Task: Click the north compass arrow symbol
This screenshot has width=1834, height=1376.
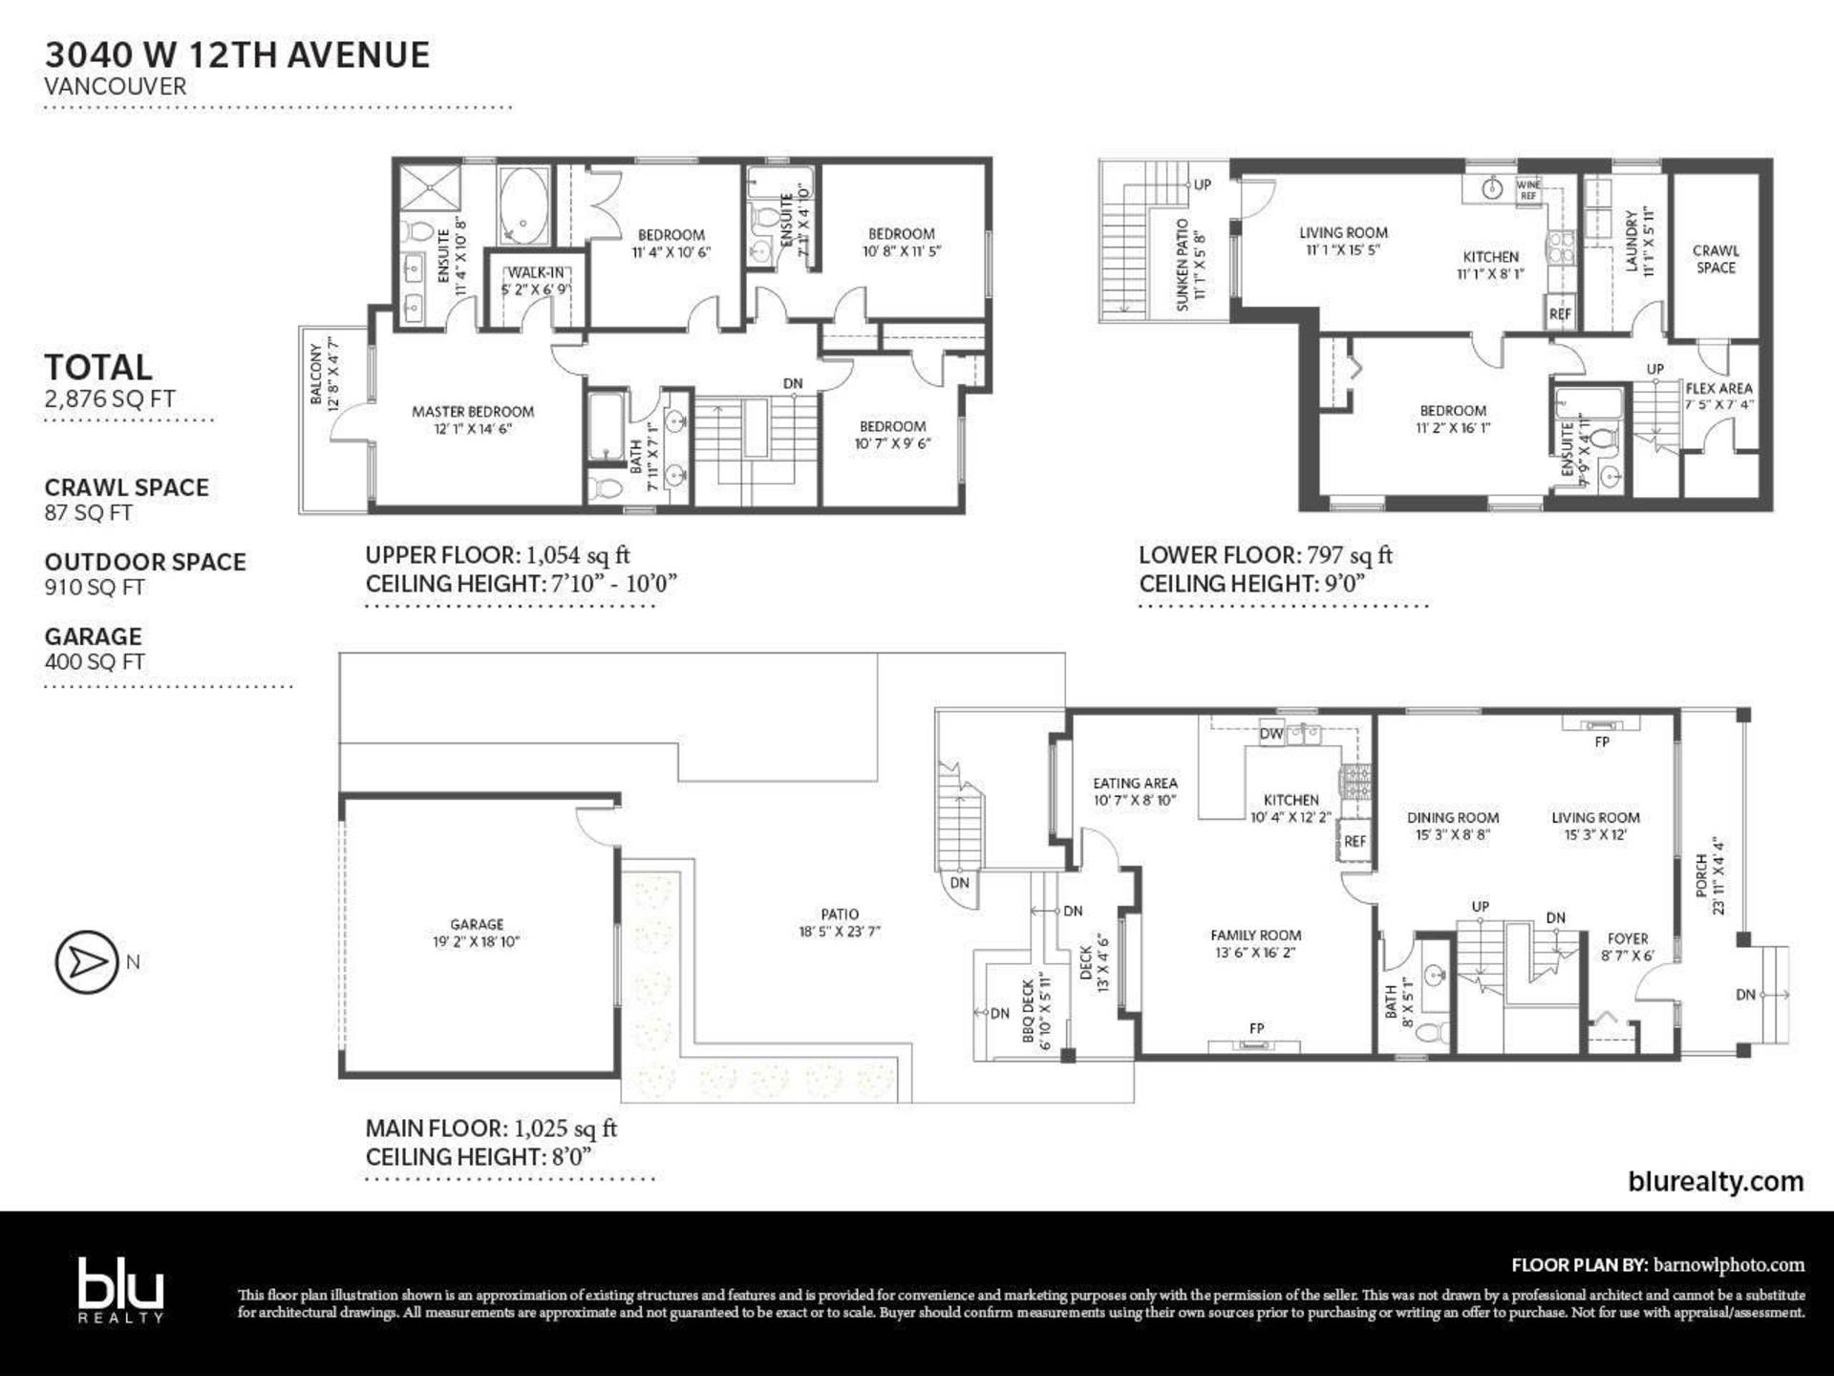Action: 87,961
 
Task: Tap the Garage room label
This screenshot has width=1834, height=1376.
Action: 477,924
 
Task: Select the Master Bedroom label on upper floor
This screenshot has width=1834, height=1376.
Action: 473,412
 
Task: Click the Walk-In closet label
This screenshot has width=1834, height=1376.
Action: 536,273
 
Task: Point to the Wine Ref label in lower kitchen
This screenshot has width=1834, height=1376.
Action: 1528,189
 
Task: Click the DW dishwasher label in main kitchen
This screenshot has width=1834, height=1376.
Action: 1270,734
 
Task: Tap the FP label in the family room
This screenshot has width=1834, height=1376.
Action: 1256,1028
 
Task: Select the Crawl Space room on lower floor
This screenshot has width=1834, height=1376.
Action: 1716,259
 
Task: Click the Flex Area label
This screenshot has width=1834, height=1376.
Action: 1718,389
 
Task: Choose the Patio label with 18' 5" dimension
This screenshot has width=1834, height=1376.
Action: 840,914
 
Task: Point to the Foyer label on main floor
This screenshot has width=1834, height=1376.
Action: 1628,939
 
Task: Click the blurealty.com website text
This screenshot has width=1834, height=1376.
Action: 1716,1181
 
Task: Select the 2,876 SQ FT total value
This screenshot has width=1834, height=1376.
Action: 110,398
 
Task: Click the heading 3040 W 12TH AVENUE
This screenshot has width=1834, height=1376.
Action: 237,55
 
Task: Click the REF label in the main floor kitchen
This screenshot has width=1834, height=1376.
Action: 1354,841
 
